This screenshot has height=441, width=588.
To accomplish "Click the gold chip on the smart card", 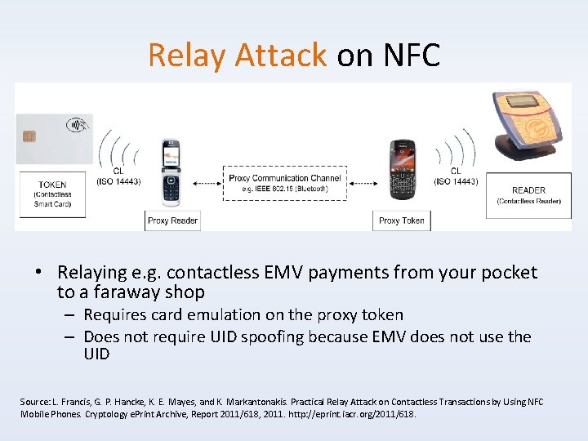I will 29,136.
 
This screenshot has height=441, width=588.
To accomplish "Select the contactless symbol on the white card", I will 79,127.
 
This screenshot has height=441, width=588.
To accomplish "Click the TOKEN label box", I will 53,194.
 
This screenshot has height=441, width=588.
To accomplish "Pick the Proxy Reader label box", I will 172,220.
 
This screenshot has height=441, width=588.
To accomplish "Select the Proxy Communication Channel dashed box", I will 284,183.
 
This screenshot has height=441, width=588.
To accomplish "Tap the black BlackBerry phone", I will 402,170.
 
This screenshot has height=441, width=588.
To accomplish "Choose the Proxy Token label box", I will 402,220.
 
